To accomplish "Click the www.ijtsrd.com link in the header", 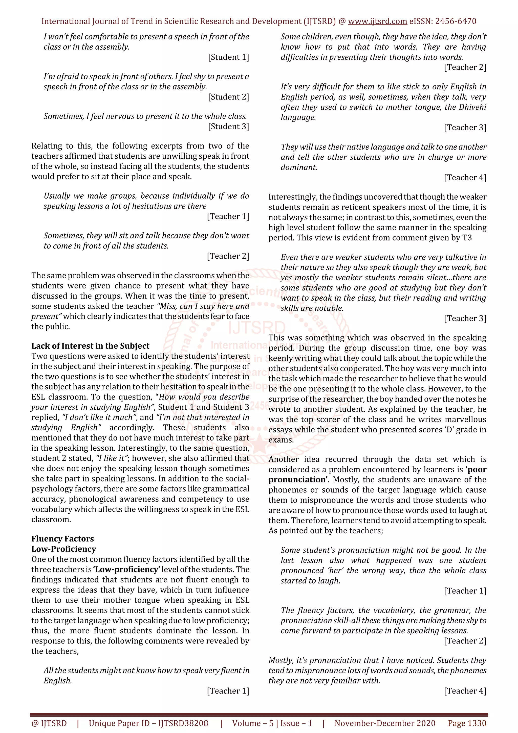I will point(377,22).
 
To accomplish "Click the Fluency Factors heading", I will point(62,539).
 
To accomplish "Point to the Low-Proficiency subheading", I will point(63,549).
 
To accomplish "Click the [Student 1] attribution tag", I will point(228,57).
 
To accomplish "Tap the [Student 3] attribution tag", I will point(228,127).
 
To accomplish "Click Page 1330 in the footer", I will point(467,723).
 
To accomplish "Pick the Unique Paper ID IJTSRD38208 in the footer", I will point(148,723).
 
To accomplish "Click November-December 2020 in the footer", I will point(385,723).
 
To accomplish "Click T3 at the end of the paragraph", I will point(467,238).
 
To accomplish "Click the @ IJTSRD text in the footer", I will point(49,723).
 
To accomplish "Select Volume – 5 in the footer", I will point(253,723).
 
